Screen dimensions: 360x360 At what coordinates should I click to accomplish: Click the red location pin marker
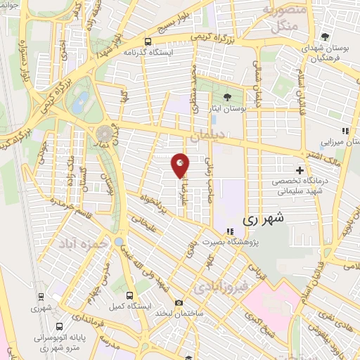point(181,165)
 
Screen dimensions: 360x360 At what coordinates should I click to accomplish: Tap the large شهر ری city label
point(268,219)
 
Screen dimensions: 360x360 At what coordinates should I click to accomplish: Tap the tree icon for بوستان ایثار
point(226,98)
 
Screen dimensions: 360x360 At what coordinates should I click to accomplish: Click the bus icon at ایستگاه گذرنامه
point(148,40)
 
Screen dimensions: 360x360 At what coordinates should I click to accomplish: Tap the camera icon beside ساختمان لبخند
point(179,302)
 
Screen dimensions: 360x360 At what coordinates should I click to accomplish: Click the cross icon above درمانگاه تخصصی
point(300,170)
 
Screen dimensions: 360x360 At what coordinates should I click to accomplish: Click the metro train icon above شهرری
point(41,296)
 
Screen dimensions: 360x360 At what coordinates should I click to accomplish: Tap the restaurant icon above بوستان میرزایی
point(345,131)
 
